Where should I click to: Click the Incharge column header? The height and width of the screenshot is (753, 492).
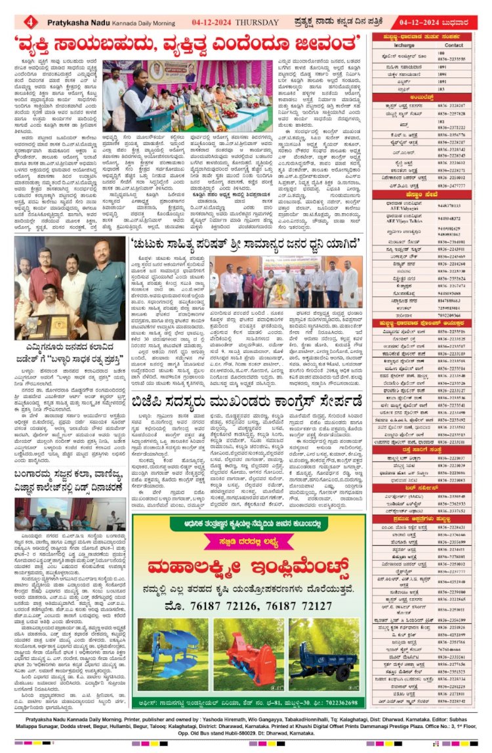click(x=403, y=46)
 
